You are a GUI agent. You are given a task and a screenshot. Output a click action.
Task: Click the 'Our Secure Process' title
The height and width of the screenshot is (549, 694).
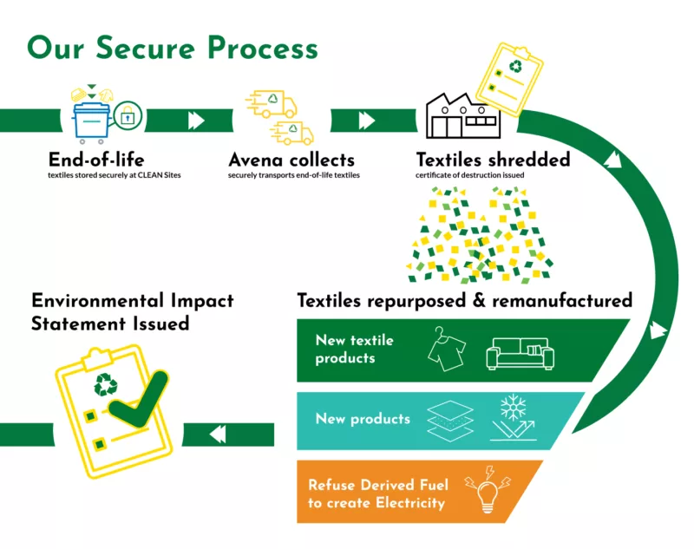(x=173, y=47)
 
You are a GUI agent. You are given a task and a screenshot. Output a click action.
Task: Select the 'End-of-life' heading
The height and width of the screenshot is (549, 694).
(x=96, y=160)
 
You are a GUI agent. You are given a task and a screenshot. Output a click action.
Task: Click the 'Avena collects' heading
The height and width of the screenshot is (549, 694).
(x=291, y=160)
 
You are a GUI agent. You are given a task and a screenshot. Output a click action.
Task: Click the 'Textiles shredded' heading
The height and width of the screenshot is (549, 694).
(x=493, y=160)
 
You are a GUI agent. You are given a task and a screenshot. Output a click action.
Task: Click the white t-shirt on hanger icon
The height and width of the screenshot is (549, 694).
(x=447, y=350)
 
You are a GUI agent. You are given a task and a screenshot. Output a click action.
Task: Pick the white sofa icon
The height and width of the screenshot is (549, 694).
(x=520, y=352)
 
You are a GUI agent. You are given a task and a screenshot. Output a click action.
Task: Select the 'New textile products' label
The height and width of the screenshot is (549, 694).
(x=354, y=350)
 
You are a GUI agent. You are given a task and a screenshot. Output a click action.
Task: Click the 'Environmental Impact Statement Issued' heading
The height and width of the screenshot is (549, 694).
(x=133, y=311)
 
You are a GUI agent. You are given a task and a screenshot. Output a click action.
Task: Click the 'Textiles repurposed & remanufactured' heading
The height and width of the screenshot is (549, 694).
(x=464, y=301)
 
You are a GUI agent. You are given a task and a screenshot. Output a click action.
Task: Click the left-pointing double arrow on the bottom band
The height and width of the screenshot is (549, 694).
(x=218, y=433)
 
